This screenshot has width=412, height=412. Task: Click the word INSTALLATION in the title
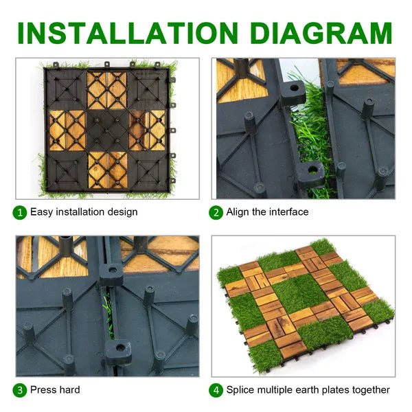pyautogui.click(x=128, y=33)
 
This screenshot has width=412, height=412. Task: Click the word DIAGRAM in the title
pyautogui.click(x=321, y=33)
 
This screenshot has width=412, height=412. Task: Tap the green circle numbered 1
pyautogui.click(x=20, y=213)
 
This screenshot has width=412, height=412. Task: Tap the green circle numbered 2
pyautogui.click(x=216, y=213)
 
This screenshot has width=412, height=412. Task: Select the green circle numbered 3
pyautogui.click(x=20, y=390)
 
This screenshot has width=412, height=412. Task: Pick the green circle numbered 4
pyautogui.click(x=216, y=390)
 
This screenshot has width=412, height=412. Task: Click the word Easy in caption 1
pyautogui.click(x=41, y=212)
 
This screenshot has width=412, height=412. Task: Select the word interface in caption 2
pyautogui.click(x=288, y=211)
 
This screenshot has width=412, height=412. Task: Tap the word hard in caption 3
pyautogui.click(x=69, y=389)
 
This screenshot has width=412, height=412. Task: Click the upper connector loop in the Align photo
pyautogui.click(x=293, y=93)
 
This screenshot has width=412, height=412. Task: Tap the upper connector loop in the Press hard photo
pyautogui.click(x=111, y=274)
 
